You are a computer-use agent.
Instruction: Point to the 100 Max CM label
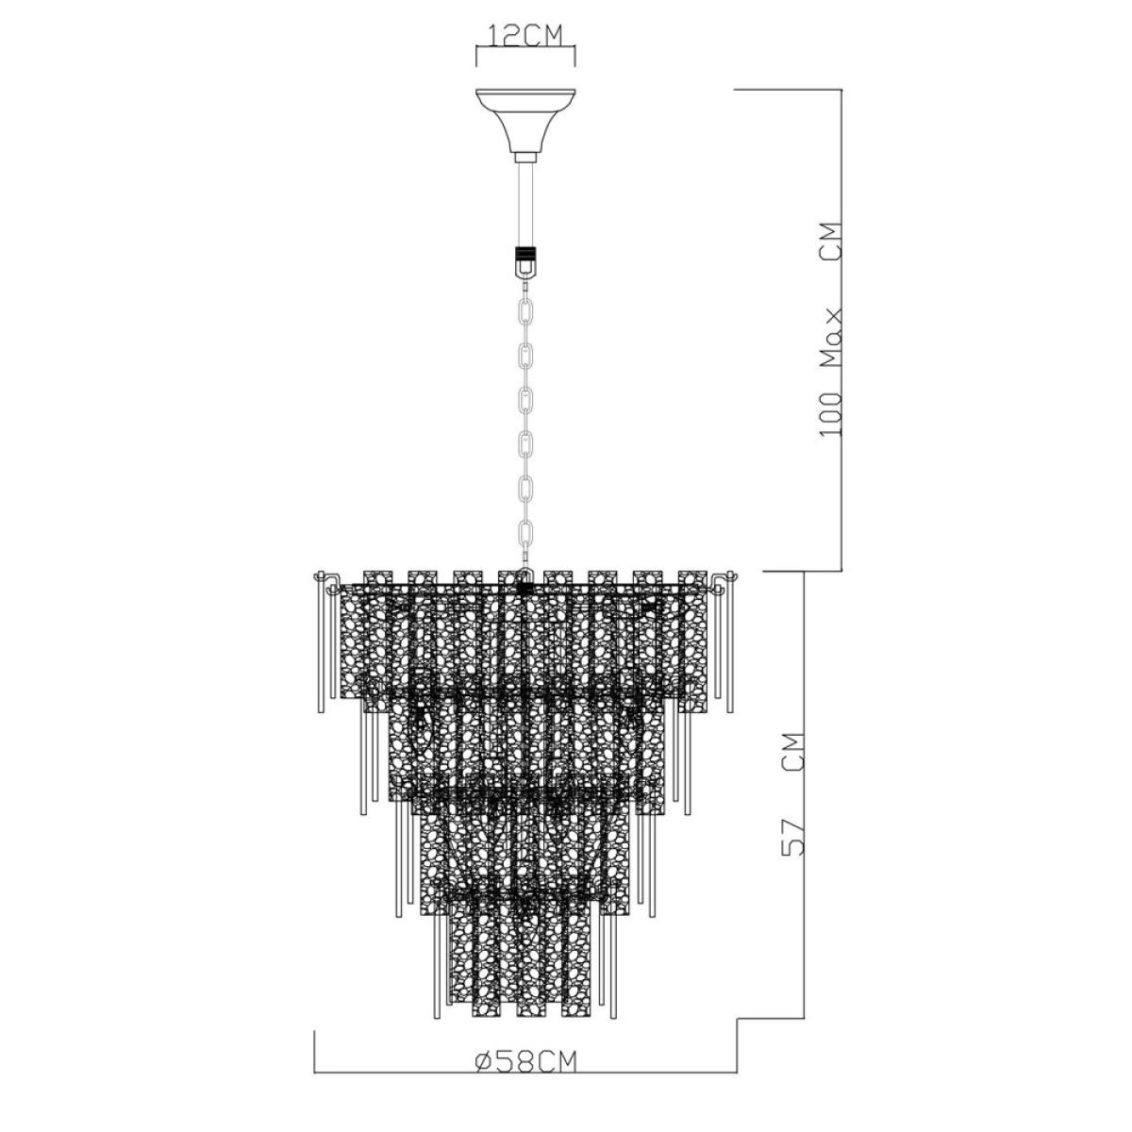click(831, 330)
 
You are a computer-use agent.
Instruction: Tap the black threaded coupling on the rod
click(525, 253)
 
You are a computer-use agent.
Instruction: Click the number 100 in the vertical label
click(831, 414)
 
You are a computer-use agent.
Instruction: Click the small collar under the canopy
click(525, 157)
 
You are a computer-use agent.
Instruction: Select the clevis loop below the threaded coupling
click(525, 270)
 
